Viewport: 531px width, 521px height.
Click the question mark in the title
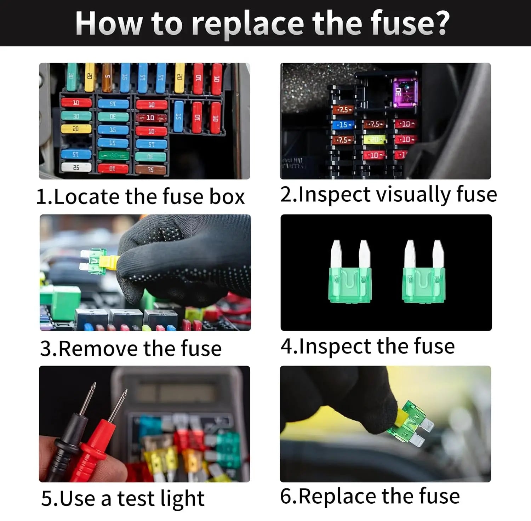[441, 23]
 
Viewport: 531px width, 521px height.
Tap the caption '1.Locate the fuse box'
[141, 196]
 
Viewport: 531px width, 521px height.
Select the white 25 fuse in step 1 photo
[76, 167]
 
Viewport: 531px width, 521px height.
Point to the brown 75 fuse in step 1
[150, 170]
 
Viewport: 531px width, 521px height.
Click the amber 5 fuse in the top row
[107, 76]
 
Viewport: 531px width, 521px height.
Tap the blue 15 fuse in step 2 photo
[343, 125]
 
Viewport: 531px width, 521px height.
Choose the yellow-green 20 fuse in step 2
[375, 140]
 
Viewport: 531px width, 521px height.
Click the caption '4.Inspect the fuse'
[367, 346]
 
